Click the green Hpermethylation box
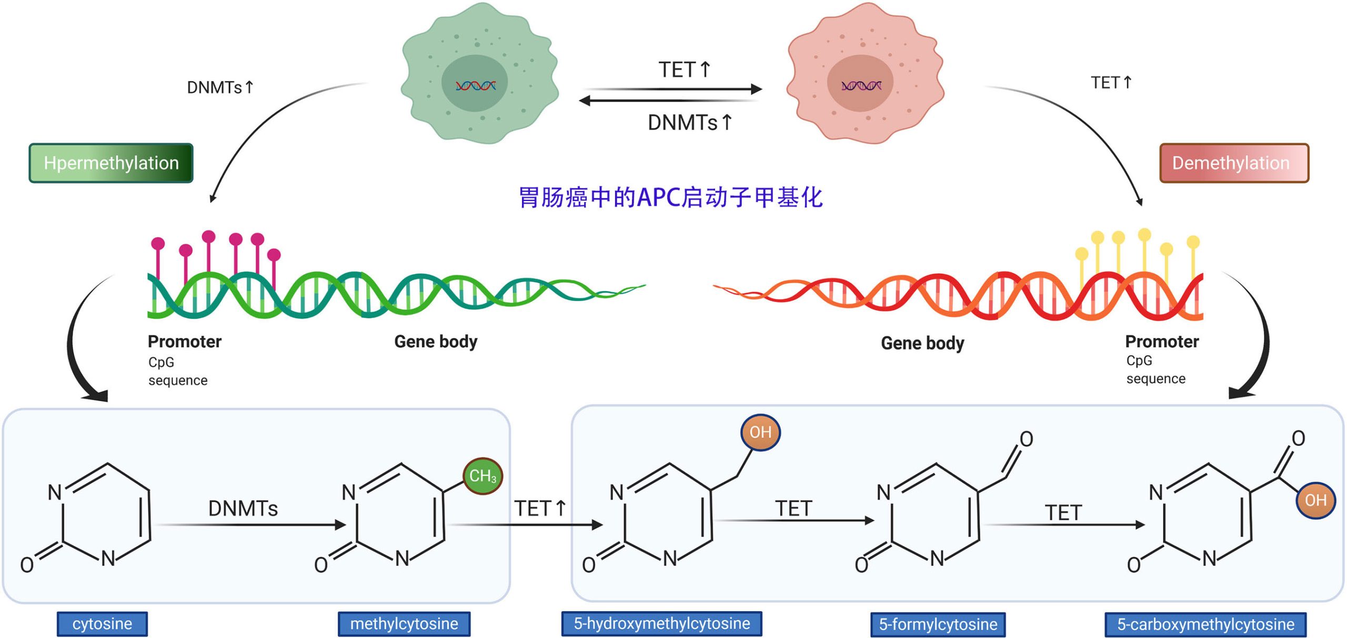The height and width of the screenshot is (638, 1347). [x=111, y=163]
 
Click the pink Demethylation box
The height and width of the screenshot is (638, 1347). [x=1234, y=163]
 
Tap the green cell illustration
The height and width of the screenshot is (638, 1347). [x=479, y=74]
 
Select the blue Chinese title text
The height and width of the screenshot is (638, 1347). [x=670, y=198]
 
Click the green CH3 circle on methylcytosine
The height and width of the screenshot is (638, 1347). [x=482, y=476]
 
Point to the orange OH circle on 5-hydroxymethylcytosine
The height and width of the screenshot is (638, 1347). [x=760, y=433]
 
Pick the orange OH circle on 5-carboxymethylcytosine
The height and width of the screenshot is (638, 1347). [x=1315, y=500]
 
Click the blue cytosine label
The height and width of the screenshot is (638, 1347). [x=102, y=624]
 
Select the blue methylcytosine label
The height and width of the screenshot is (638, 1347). [x=404, y=624]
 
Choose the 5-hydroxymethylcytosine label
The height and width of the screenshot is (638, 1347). [x=661, y=624]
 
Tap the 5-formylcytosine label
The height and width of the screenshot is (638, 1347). [x=938, y=624]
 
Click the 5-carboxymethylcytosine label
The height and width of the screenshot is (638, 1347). [x=1205, y=624]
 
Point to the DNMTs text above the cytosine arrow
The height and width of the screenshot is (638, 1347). [x=243, y=509]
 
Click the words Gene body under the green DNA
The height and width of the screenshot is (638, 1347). [x=436, y=342]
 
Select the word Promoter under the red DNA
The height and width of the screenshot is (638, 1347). [x=1162, y=342]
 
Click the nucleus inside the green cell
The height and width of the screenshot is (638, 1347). [x=475, y=83]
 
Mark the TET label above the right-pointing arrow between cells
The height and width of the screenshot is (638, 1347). [x=684, y=69]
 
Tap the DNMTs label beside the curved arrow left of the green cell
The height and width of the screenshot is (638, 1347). [x=220, y=87]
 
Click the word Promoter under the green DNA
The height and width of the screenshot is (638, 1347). [x=185, y=342]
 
